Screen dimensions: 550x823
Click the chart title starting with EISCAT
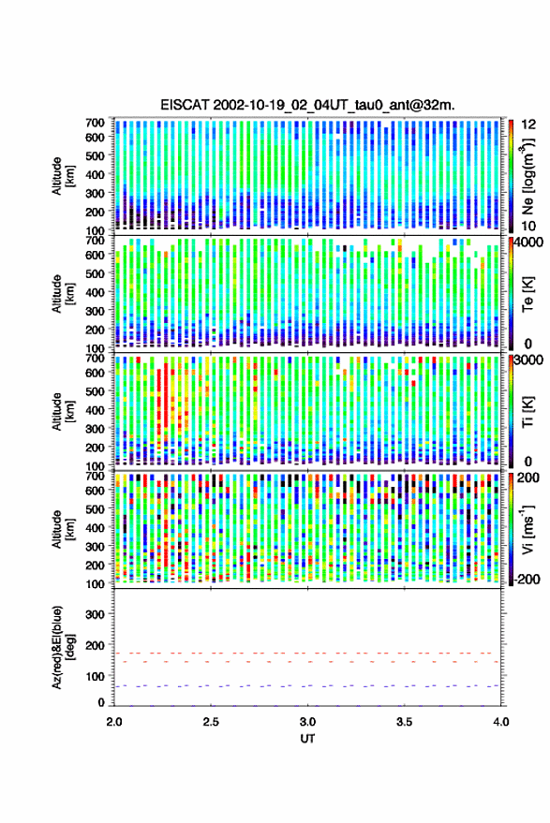307,105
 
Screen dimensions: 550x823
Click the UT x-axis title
307,739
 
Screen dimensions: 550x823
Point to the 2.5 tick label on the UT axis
211,722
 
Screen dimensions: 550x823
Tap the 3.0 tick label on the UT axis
308,722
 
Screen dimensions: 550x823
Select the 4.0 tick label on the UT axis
500,722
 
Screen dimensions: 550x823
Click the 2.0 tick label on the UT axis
114,722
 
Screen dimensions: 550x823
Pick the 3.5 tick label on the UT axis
404,722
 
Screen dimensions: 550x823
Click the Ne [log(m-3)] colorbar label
528,175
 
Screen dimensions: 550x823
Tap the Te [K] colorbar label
528,294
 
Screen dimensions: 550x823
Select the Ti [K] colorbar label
528,412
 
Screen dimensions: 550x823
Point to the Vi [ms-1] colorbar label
528,529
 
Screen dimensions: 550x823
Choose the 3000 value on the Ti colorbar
528,360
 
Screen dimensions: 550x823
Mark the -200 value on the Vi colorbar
528,579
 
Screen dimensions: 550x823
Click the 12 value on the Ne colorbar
529,125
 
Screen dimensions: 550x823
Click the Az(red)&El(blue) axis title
63,647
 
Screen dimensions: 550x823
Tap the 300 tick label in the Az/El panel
95,614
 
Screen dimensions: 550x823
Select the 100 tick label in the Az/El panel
95,676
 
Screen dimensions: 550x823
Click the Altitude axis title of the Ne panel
63,176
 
